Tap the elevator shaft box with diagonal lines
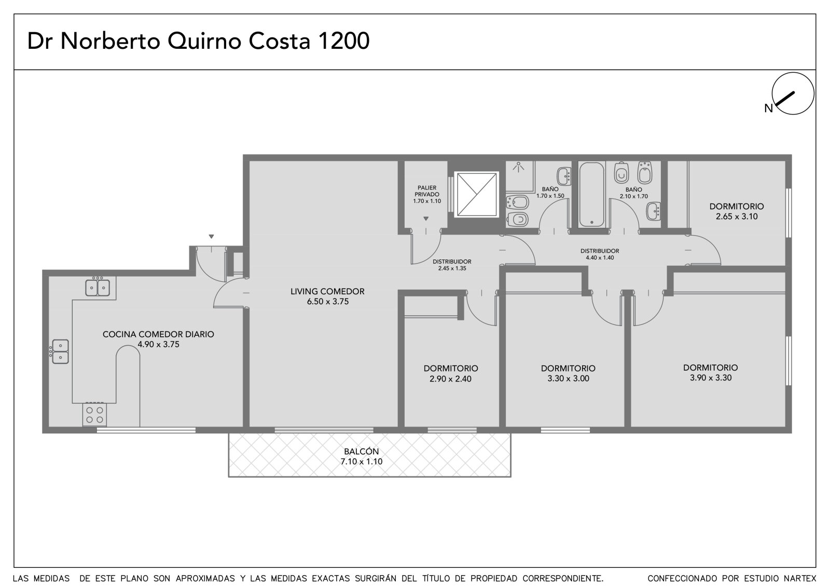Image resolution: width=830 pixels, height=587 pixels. coord(477,194)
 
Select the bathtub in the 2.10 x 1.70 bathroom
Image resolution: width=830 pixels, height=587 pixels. coord(592,194)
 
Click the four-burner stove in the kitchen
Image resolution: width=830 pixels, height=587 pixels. coord(94,415)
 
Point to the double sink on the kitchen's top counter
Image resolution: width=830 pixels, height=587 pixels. coord(98,287)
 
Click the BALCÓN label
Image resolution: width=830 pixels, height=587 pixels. coord(361,452)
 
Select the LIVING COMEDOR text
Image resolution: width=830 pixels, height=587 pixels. coord(327,292)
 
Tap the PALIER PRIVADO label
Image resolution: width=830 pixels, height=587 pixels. coord(427,191)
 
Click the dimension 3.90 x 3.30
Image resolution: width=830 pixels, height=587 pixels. coord(711,378)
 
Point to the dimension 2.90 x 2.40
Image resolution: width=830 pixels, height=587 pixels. coord(451,378)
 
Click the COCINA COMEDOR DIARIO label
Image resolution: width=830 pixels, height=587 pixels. coord(158,334)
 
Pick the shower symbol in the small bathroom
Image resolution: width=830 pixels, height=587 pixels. coord(518,167)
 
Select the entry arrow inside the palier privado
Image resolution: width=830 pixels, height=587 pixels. coord(426,219)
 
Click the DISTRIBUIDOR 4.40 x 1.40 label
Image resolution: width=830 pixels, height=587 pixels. coord(600,254)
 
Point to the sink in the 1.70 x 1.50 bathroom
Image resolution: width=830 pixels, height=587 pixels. coord(564,176)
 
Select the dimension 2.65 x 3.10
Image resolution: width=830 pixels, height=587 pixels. coord(737,216)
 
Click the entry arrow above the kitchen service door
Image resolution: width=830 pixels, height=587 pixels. coord(211,237)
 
